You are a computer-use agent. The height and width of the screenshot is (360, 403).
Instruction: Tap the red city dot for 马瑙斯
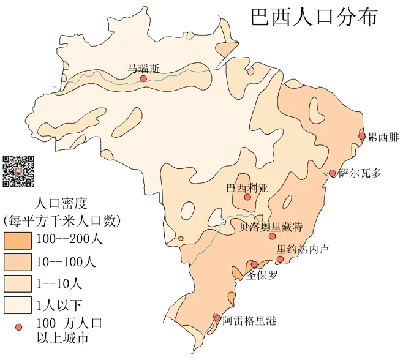coord(143,78)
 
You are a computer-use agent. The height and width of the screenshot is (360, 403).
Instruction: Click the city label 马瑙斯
coord(143,68)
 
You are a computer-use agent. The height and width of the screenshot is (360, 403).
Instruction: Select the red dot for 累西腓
coord(362,136)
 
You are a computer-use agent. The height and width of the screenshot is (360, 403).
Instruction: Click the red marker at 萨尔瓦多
coord(333,173)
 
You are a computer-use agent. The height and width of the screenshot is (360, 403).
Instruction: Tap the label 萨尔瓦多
coord(360,173)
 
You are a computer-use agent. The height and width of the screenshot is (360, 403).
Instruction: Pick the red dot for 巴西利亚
coord(247,197)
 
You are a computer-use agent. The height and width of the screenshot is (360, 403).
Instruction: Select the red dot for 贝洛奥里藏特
coord(272,236)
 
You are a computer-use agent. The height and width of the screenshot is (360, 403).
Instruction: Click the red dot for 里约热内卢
coord(280,259)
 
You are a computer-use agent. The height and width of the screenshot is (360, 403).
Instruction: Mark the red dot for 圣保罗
coord(254,264)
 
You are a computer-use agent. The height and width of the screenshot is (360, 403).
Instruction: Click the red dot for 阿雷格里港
coord(217,318)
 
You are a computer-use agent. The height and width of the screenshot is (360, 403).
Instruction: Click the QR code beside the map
coord(18,171)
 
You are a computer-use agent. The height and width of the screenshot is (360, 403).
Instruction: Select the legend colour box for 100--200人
coord(18,239)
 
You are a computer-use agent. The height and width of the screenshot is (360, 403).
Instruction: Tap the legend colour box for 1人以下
coord(18,304)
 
